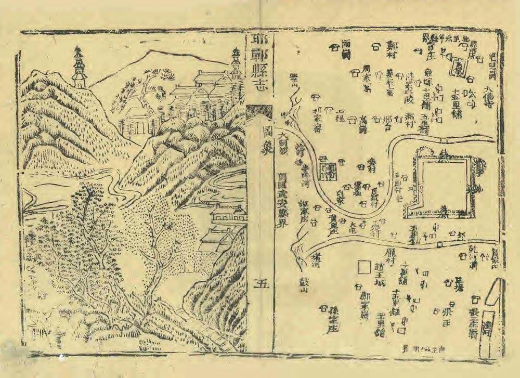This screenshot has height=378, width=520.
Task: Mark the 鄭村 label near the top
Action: tap(392, 51)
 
